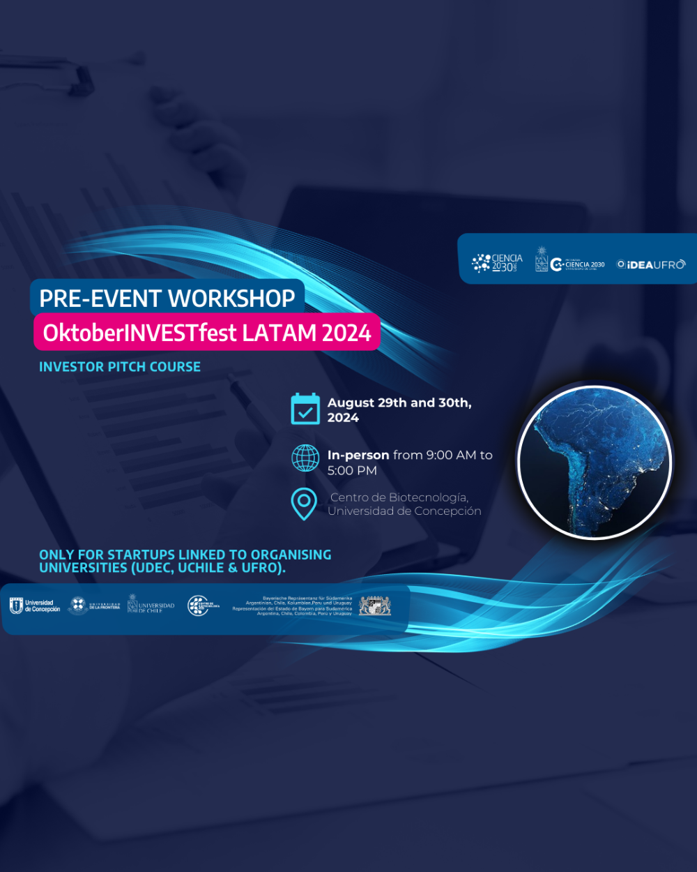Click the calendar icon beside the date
(305, 409)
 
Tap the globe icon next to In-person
(305, 458)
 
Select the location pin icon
(304, 504)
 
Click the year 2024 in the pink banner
(346, 333)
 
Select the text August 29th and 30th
(399, 403)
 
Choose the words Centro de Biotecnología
(399, 497)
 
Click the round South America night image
(595, 462)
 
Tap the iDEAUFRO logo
(651, 264)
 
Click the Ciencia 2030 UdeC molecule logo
(497, 262)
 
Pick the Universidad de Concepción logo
(35, 606)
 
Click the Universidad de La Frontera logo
(95, 606)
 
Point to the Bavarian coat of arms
(375, 606)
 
